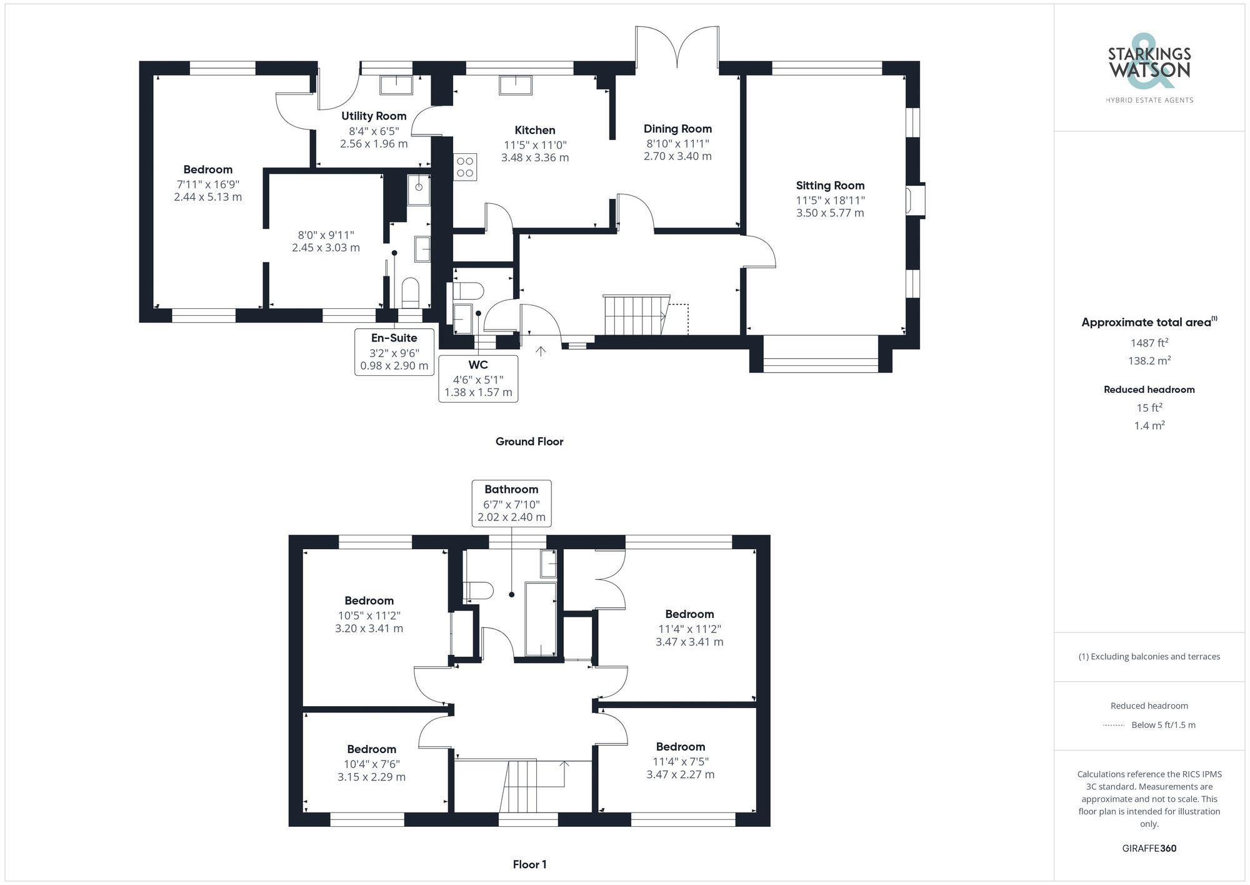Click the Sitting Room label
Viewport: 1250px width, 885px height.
(x=830, y=185)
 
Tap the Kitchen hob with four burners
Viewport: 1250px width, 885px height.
(x=464, y=166)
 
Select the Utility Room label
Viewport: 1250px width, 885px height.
(x=374, y=116)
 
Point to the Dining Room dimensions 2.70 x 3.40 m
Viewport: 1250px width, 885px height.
(x=677, y=156)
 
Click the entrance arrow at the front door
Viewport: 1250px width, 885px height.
(x=541, y=351)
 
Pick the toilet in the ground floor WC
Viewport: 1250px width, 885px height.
(x=468, y=291)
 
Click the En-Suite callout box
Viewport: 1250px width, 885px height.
(x=394, y=352)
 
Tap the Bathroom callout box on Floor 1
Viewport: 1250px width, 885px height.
(x=511, y=503)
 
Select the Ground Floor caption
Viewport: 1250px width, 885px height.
(x=529, y=442)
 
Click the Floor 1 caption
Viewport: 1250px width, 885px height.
(x=529, y=865)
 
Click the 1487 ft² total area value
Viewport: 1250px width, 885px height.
(x=1149, y=343)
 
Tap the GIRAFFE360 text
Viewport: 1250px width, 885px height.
(x=1149, y=849)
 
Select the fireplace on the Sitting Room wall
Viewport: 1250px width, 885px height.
(x=916, y=200)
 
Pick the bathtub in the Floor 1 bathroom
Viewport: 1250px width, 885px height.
(x=541, y=619)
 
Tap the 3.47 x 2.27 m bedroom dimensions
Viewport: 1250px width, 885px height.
(x=680, y=774)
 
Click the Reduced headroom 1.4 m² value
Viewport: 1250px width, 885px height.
(x=1149, y=425)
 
